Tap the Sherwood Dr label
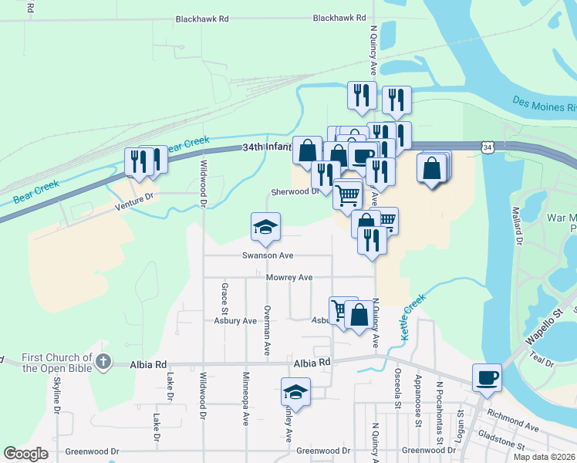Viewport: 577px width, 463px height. pos(294,192)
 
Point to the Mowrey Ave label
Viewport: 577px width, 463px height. pos(288,277)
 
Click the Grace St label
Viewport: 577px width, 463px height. pos(224,298)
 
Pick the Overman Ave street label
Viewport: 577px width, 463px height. pos(267,332)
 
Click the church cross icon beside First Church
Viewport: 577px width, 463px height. pos(103,361)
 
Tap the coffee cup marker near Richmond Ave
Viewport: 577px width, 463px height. pos(487,377)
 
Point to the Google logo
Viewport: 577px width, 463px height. pos(25,454)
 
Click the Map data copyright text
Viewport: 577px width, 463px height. pos(544,457)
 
